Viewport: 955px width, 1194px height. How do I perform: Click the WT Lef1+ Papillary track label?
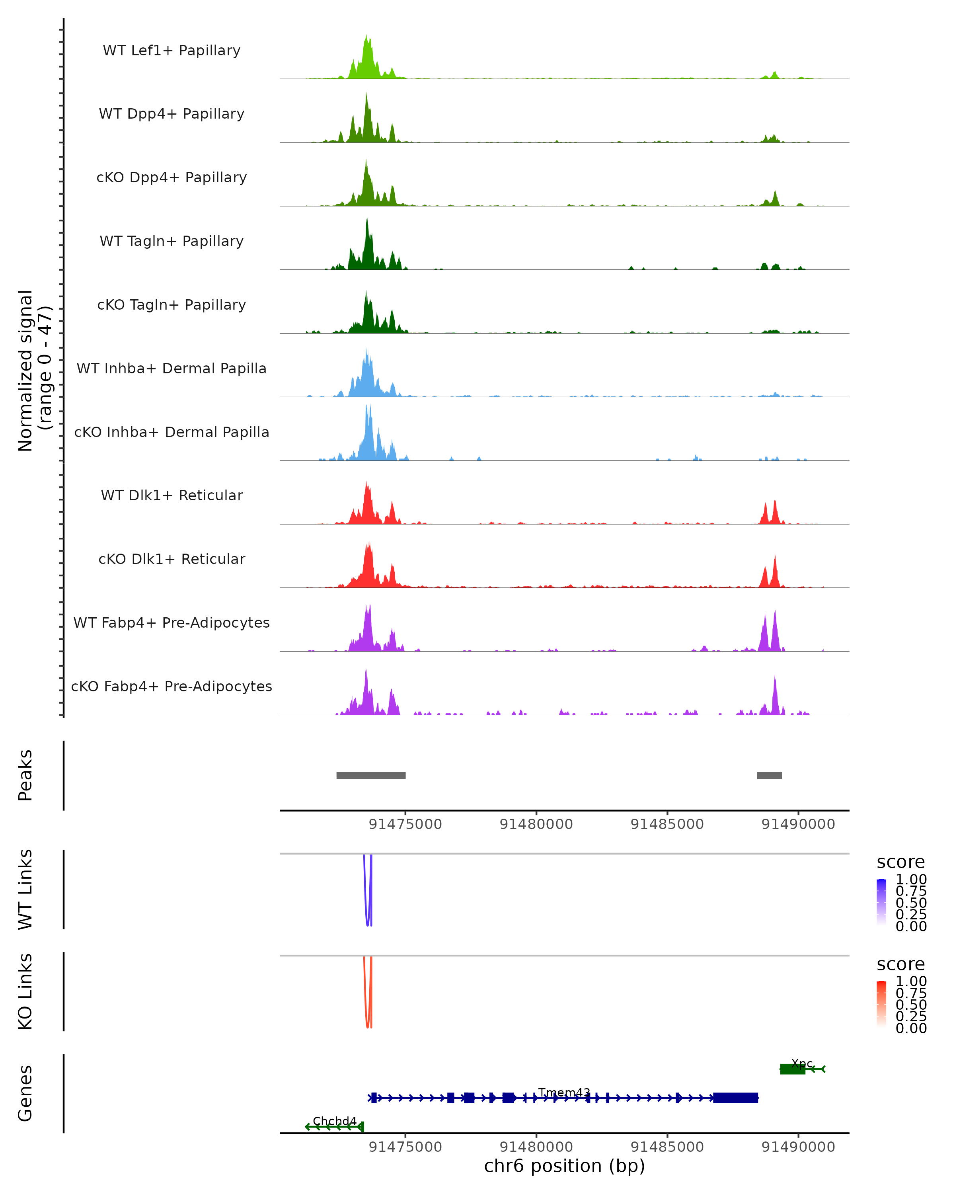[172, 51]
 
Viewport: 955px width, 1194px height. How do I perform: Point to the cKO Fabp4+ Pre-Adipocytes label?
[172, 686]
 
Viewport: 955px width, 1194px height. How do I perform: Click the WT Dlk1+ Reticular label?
[172, 495]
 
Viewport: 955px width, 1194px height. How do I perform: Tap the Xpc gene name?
[802, 1063]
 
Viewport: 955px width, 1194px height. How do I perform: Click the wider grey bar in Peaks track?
[371, 775]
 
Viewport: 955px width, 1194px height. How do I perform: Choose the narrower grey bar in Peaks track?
[769, 775]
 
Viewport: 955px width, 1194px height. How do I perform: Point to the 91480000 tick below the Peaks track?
[536, 824]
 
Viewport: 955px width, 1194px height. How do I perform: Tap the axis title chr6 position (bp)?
[564, 1166]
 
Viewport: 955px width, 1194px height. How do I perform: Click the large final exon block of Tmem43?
[735, 1098]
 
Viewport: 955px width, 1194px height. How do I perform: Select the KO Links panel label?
[25, 991]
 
